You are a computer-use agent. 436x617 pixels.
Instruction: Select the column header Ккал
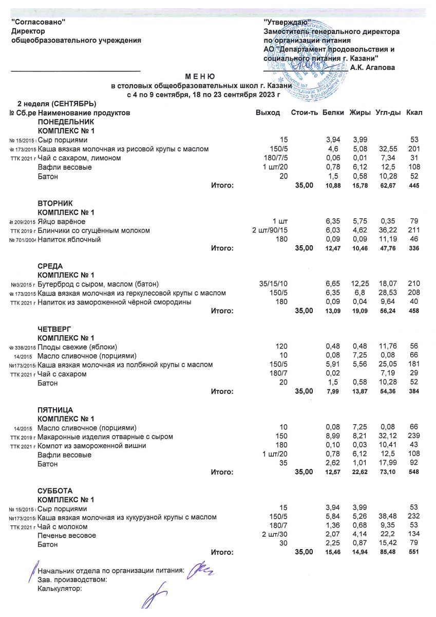414,113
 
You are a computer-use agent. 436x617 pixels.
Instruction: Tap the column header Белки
333,113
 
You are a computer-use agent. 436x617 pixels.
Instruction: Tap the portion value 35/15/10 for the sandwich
275,284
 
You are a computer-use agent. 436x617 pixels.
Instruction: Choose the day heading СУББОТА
55,491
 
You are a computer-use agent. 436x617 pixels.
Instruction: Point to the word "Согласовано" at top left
39,22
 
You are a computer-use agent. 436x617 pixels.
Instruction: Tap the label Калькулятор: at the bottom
60,589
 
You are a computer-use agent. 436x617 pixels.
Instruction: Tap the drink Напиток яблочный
69,240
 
